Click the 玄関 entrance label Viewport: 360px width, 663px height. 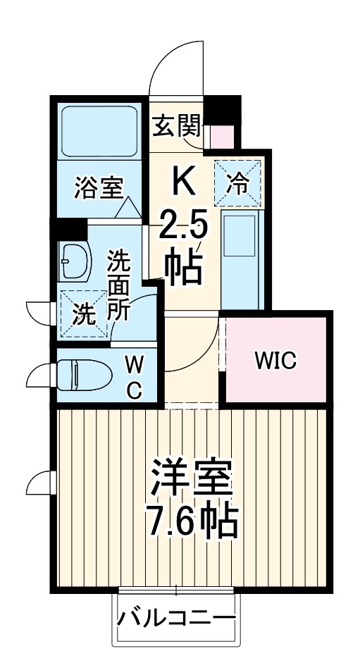point(175,129)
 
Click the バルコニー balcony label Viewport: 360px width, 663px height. point(176,621)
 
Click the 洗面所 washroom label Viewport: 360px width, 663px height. point(118,286)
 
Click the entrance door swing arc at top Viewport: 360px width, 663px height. point(176,67)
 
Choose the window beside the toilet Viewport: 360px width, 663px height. point(41,375)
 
